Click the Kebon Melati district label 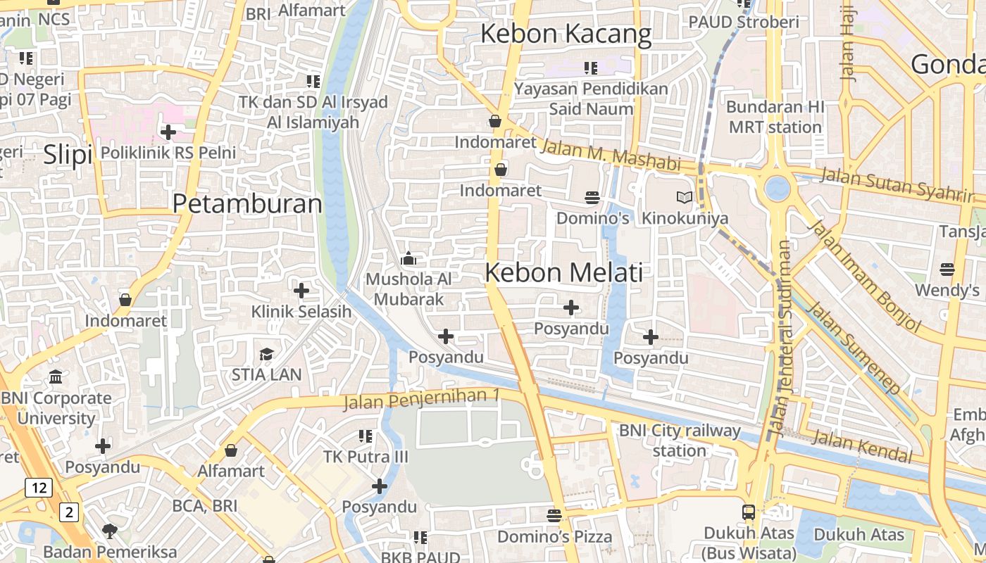[x=564, y=273]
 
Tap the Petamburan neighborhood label [x=247, y=204]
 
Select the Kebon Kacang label [x=566, y=34]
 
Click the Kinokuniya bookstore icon [x=685, y=198]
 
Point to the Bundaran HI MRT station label [x=775, y=118]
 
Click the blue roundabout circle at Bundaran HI [x=778, y=188]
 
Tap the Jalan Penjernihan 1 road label [x=421, y=399]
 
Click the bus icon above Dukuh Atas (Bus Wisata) [x=749, y=512]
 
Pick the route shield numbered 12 [x=39, y=487]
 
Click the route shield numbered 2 [x=68, y=512]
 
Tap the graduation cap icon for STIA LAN [x=266, y=354]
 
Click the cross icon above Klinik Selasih [x=301, y=290]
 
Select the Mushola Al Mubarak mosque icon [x=408, y=259]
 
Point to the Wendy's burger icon [x=947, y=269]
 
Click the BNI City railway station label [x=680, y=440]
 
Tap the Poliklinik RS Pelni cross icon [x=168, y=132]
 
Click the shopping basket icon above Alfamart [x=231, y=450]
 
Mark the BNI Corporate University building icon [x=56, y=377]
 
